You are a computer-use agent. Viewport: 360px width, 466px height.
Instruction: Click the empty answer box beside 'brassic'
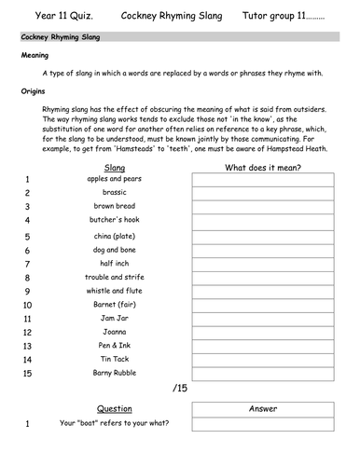(x=264, y=192)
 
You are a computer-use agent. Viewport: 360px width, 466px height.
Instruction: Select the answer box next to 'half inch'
(x=264, y=264)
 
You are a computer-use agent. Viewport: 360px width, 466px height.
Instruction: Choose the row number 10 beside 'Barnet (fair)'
(x=27, y=305)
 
